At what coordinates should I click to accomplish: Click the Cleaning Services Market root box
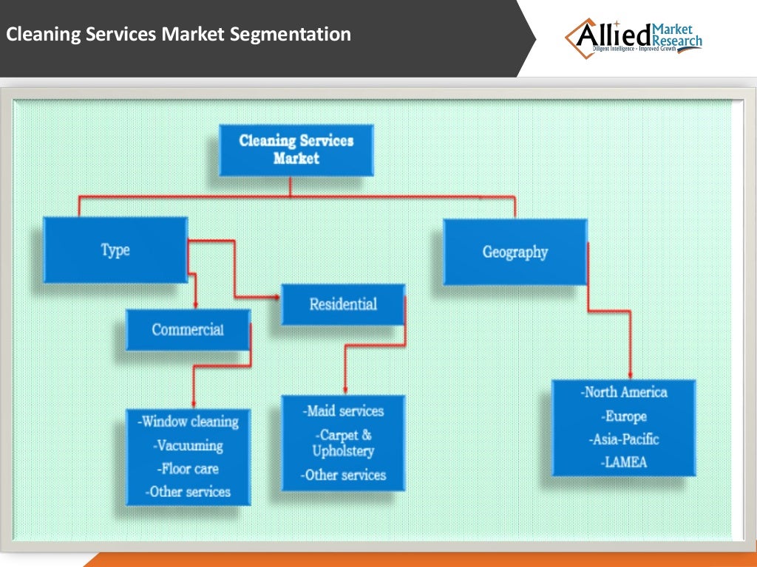pyautogui.click(x=296, y=149)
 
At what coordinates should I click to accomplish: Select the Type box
pyautogui.click(x=115, y=250)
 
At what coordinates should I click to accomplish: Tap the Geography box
pyautogui.click(x=515, y=252)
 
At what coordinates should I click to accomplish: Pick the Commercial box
pyautogui.click(x=188, y=329)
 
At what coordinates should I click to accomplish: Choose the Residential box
pyautogui.click(x=342, y=304)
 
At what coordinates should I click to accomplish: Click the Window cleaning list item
pyautogui.click(x=189, y=422)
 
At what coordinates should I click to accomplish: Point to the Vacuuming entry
pyautogui.click(x=189, y=446)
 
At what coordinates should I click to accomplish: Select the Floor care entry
pyautogui.click(x=189, y=469)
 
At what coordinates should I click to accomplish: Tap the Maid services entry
pyautogui.click(x=343, y=411)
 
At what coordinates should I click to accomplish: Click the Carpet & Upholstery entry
pyautogui.click(x=343, y=443)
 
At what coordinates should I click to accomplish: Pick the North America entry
pyautogui.click(x=624, y=393)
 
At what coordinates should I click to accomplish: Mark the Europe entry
pyautogui.click(x=624, y=416)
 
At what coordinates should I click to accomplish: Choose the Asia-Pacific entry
pyautogui.click(x=624, y=439)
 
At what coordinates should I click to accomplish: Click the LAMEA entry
pyautogui.click(x=624, y=462)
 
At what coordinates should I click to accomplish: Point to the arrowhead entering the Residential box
pyautogui.click(x=276, y=298)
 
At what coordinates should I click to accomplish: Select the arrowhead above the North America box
pyautogui.click(x=630, y=375)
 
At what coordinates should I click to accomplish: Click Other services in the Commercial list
pyautogui.click(x=189, y=492)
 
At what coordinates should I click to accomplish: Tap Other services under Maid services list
pyautogui.click(x=343, y=475)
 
